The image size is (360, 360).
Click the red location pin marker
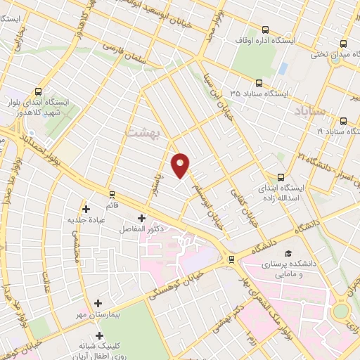181,165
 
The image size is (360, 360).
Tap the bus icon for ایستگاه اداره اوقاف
265,30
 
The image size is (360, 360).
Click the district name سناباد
311,110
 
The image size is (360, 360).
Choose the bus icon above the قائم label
112,194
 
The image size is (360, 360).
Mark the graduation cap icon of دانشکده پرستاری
287,253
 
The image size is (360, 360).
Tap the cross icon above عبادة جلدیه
86,209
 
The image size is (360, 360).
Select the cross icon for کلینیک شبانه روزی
99,336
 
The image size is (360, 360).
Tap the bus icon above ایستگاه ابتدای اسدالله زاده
281,177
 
